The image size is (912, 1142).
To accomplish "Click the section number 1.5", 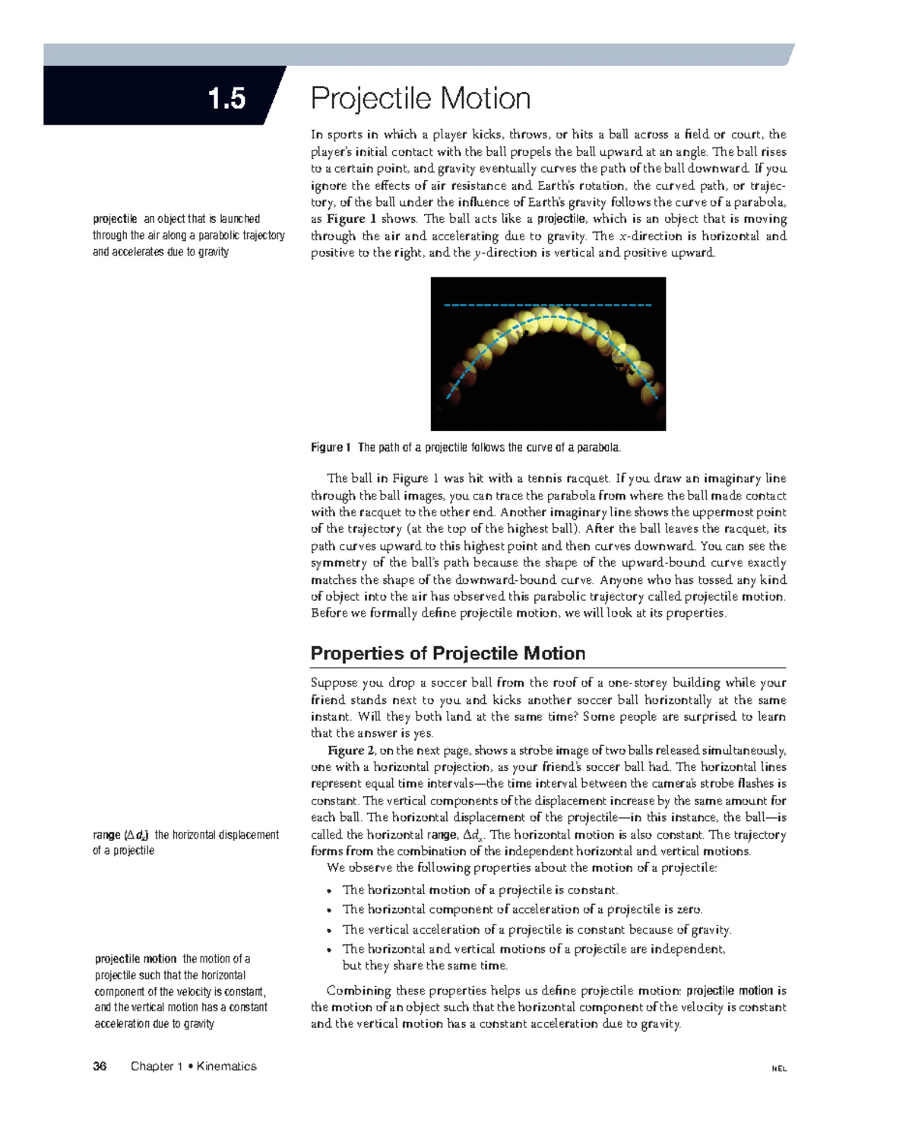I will (226, 98).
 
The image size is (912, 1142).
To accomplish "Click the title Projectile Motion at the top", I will (420, 98).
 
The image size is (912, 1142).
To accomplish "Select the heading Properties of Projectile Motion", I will (448, 653).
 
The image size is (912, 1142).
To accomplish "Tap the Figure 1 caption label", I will (331, 447).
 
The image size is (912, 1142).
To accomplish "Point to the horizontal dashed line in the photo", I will (547, 305).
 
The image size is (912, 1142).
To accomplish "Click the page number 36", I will (100, 1066).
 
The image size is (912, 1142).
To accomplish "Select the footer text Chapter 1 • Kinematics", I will (193, 1066).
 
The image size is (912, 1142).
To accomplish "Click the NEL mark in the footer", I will (779, 1068).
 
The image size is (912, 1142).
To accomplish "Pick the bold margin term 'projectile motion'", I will (135, 959).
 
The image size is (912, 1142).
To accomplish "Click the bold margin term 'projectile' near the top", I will (115, 218).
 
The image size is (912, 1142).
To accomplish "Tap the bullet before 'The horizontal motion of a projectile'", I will (329, 891).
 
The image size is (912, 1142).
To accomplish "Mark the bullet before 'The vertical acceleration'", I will (329, 931).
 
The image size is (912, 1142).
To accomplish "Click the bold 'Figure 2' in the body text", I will (346, 750).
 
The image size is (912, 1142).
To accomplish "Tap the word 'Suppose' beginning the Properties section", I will (334, 682).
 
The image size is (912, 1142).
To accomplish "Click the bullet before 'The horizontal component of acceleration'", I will (329, 911).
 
